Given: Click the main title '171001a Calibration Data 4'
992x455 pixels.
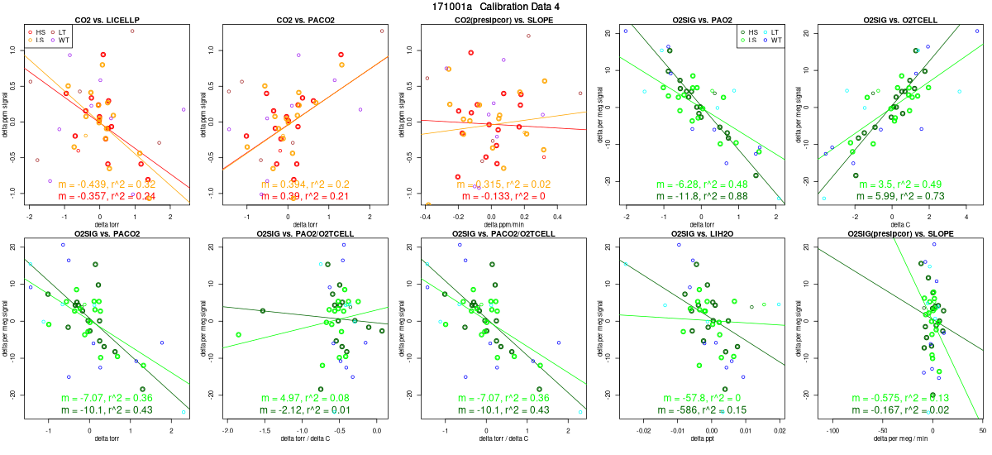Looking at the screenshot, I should [x=495, y=7].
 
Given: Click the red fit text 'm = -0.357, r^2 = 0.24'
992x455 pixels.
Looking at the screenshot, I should [x=108, y=196].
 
